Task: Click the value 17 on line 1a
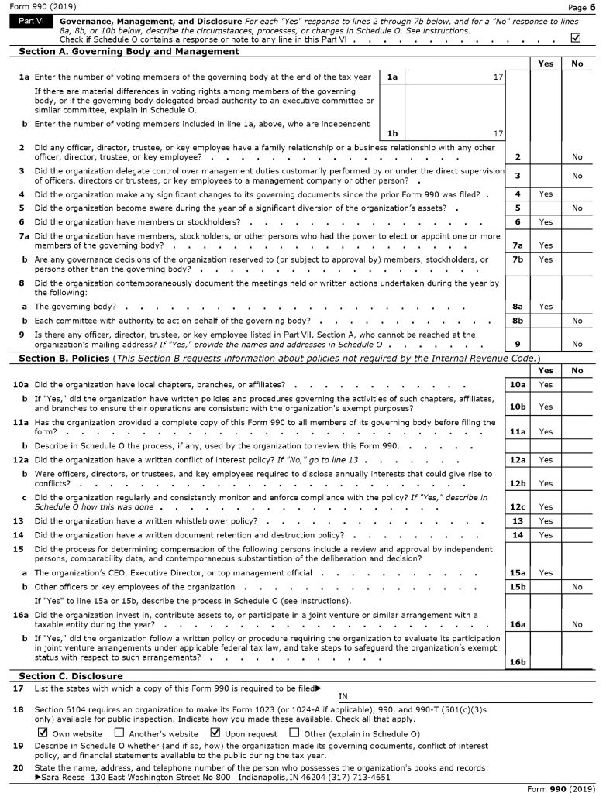(x=498, y=77)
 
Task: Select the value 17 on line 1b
(x=498, y=133)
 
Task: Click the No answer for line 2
(x=577, y=157)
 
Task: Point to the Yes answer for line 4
(x=546, y=194)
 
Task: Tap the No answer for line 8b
(x=577, y=320)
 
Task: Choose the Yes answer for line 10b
(x=546, y=407)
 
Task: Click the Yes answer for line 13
(x=546, y=521)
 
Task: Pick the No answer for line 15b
(x=577, y=587)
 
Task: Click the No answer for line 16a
(x=577, y=623)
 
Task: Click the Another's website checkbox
(x=119, y=733)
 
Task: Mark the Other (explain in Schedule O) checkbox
(x=294, y=733)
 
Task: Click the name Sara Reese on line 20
(x=63, y=777)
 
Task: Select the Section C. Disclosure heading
(x=71, y=676)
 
